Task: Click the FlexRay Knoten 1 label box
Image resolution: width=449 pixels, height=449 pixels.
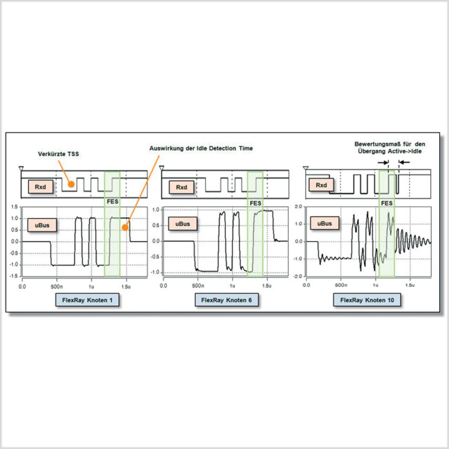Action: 87,300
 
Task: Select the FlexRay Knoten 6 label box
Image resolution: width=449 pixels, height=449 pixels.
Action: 226,300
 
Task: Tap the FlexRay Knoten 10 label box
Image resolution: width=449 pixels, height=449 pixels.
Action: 367,300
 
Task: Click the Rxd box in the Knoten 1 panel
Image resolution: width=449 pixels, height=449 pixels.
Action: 40,187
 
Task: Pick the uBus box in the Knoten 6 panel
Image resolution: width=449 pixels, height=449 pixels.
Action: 182,224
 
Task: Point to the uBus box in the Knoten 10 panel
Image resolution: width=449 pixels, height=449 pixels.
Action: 324,223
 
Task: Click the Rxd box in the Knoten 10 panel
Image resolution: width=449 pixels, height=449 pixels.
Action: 321,185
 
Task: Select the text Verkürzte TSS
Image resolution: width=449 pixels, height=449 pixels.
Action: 58,154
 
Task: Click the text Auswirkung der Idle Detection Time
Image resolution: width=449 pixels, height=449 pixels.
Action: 201,148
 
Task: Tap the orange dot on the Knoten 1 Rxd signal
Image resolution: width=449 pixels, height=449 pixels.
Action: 71,184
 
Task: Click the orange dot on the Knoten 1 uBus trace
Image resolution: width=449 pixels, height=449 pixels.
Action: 125,228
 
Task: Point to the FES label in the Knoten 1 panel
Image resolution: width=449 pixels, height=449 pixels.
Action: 112,202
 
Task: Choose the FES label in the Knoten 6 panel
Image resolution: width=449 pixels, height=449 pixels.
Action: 255,203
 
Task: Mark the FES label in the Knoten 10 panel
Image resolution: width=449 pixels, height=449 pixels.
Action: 387,203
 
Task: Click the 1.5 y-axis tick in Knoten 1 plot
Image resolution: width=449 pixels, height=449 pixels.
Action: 14,207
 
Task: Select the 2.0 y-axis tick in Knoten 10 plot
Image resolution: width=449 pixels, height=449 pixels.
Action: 298,207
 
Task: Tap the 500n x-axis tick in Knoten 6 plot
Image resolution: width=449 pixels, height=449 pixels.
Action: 198,286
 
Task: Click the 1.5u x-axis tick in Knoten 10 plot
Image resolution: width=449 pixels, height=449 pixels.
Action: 410,285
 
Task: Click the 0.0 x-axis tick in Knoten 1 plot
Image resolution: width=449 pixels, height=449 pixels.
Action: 22,287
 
